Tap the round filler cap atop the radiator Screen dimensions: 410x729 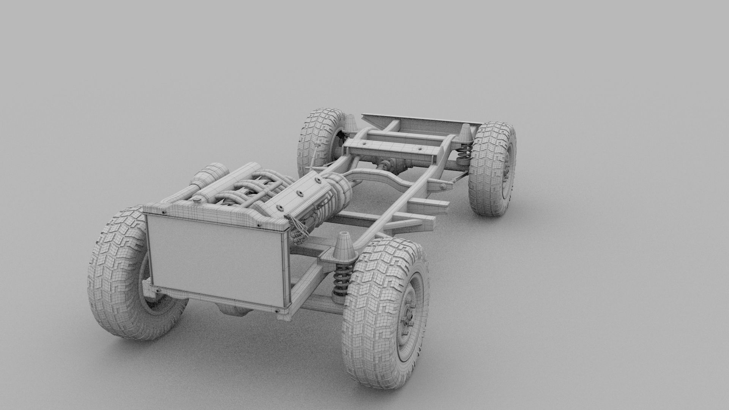pyautogui.click(x=197, y=200)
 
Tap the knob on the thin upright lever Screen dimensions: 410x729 pyautogui.click(x=316, y=145)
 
